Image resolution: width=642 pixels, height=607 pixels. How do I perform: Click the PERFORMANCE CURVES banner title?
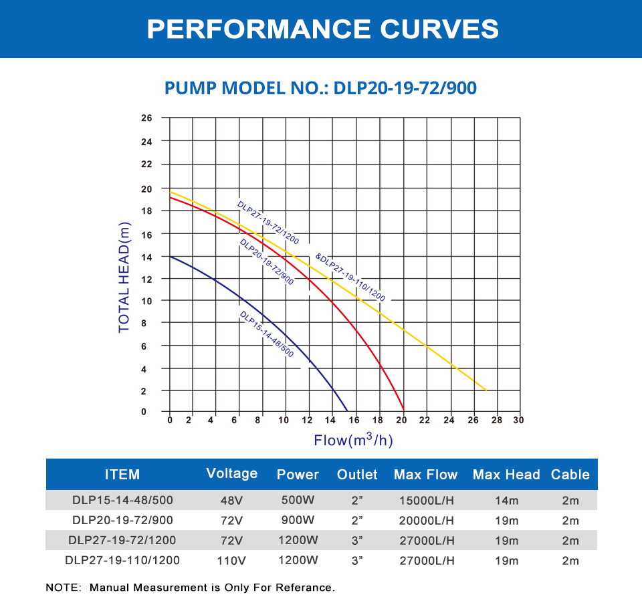[x=322, y=29]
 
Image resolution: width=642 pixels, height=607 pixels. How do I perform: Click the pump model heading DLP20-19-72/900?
[x=320, y=88]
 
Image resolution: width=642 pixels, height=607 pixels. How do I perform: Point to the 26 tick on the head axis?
[x=146, y=118]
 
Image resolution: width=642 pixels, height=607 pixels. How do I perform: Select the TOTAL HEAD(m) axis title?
[x=124, y=278]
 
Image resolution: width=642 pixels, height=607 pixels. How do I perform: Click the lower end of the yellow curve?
[x=486, y=390]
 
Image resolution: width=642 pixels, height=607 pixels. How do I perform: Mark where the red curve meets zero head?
[x=403, y=409]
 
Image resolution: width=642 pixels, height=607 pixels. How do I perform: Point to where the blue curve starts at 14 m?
[x=171, y=257]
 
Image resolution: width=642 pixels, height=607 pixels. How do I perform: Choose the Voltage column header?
[x=232, y=473]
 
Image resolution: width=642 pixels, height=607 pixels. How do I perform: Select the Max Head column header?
[x=506, y=475]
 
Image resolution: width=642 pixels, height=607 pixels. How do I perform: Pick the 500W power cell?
[x=298, y=499]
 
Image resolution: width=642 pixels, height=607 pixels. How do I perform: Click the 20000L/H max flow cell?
[x=425, y=521]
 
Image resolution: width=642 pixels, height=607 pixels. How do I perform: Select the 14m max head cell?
[x=506, y=499]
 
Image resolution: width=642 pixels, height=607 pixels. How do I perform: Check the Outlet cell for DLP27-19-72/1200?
[x=357, y=541]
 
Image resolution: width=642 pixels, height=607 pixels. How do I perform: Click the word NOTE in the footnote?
[x=62, y=588]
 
